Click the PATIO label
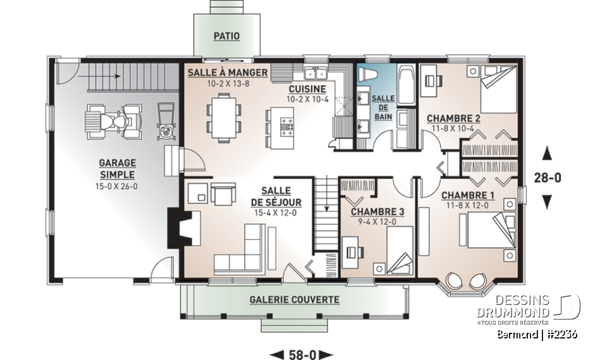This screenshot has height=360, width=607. click(226, 36)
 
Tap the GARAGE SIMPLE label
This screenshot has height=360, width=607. click(117, 168)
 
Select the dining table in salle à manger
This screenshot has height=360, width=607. click(224, 116)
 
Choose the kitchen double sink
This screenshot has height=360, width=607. click(314, 70)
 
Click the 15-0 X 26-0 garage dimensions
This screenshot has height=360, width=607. click(117, 186)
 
